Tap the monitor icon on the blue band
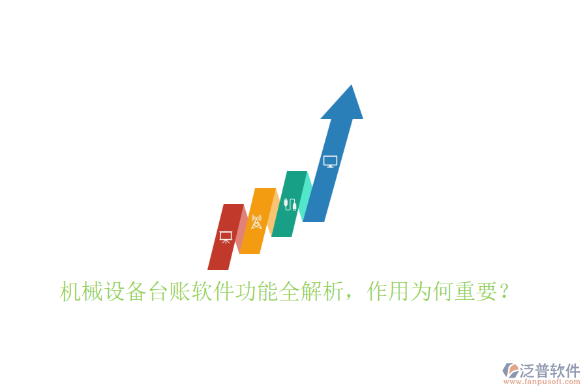[x=330, y=161]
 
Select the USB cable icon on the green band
[x=290, y=203]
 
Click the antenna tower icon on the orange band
[x=256, y=221]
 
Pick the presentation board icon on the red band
[x=226, y=237]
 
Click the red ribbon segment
[x=220, y=255]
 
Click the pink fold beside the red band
[x=241, y=229]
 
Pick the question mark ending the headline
[x=504, y=291]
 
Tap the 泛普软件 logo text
[x=549, y=370]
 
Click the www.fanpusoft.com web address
[x=541, y=383]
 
